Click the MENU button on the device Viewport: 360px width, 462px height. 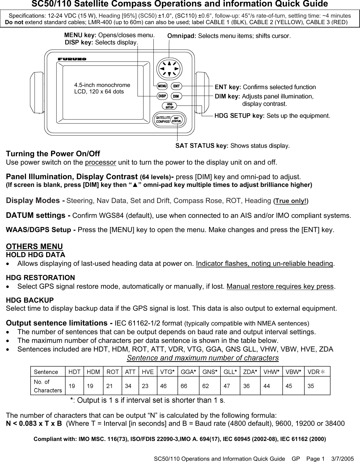point(162,86)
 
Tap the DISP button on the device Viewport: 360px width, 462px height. point(162,96)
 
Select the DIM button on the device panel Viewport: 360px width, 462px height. point(176,96)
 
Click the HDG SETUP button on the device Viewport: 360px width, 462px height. point(169,106)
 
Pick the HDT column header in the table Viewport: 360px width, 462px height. point(74,372)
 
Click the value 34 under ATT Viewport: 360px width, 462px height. point(128,386)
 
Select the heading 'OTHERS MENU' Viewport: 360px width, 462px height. point(34,246)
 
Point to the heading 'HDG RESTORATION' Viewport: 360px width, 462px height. point(41,278)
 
